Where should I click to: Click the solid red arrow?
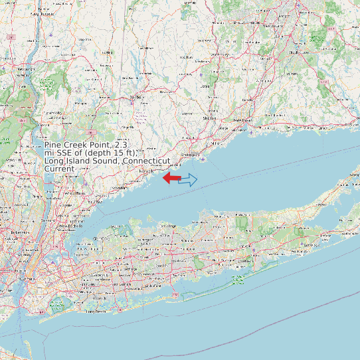[x=171, y=177]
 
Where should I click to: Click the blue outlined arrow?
[x=188, y=179]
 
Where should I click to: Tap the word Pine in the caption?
[x=55, y=145]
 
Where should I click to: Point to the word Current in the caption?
[x=59, y=169]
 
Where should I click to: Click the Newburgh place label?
[x=25, y=68]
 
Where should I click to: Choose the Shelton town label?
[x=210, y=119]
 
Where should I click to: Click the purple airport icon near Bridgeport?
[x=203, y=159]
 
